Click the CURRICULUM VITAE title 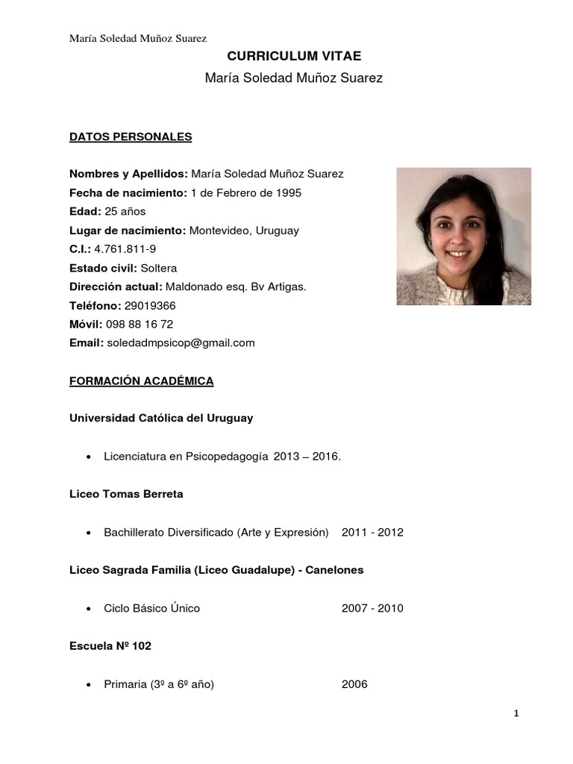(x=293, y=56)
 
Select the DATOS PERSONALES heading (x=131, y=137)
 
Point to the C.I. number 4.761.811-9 (x=125, y=249)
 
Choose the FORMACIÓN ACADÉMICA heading (x=142, y=381)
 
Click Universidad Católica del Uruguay (x=161, y=418)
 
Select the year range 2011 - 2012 (x=372, y=532)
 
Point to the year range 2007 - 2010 (x=372, y=608)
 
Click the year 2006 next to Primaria (x=354, y=684)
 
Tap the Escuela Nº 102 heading (x=110, y=646)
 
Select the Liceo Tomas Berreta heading (x=126, y=494)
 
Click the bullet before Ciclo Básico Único (x=90, y=609)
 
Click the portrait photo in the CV (x=463, y=237)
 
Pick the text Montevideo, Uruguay (x=244, y=231)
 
